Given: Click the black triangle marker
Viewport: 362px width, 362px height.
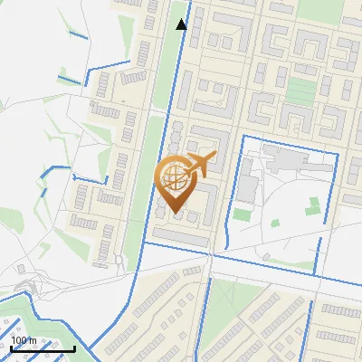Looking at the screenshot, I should (182, 24).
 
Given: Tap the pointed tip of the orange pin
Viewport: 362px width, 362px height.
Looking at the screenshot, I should (173, 214).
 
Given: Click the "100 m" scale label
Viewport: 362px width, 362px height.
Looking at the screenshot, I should (24, 340).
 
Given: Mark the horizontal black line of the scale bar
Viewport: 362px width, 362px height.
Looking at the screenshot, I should (43, 348).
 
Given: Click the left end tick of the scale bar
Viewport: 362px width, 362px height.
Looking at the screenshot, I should (11, 347).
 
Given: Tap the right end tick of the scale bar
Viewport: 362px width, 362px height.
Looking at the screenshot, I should (74, 347).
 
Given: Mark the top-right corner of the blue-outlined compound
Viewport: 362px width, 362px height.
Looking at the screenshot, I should (337, 155).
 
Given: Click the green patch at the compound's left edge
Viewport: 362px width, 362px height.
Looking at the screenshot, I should (241, 215).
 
